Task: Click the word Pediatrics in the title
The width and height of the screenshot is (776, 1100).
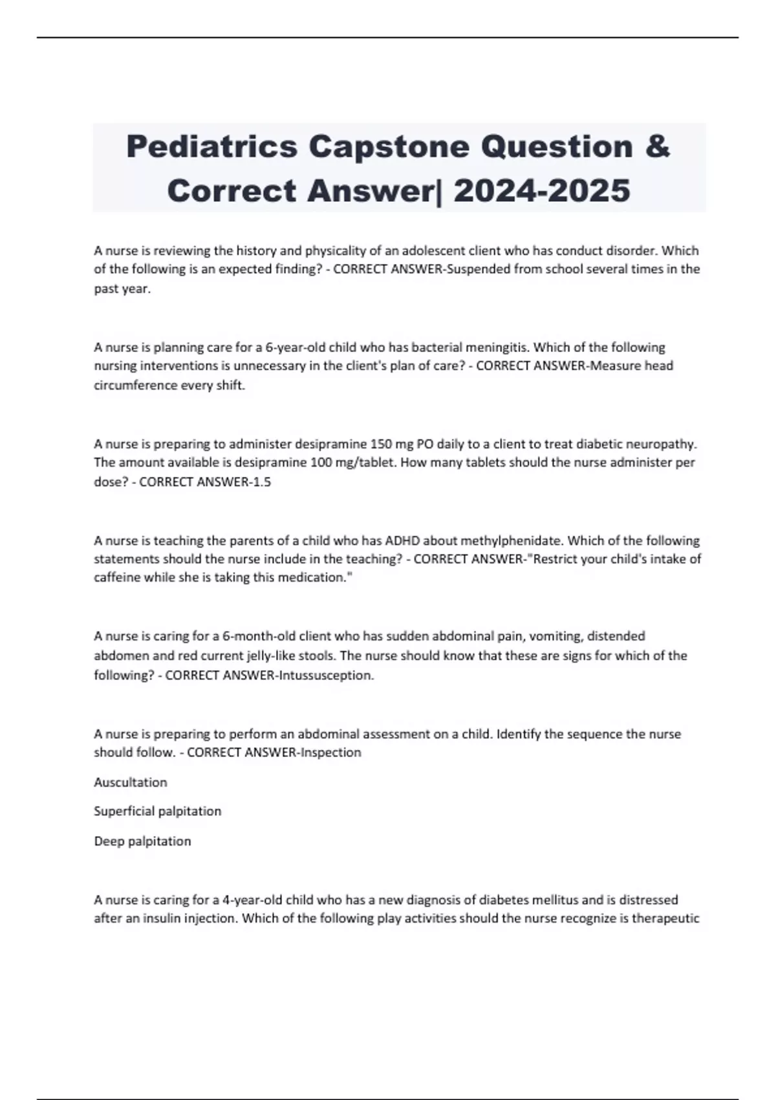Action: click(211, 146)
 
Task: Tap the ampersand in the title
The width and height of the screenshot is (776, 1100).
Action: click(657, 146)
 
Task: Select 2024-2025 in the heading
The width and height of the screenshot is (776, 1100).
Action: click(542, 191)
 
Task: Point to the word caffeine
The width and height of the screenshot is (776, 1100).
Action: click(118, 578)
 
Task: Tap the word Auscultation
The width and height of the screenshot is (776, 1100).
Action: click(131, 782)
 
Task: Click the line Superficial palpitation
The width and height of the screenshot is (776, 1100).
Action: click(158, 811)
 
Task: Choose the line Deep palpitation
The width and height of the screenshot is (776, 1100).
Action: click(142, 841)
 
